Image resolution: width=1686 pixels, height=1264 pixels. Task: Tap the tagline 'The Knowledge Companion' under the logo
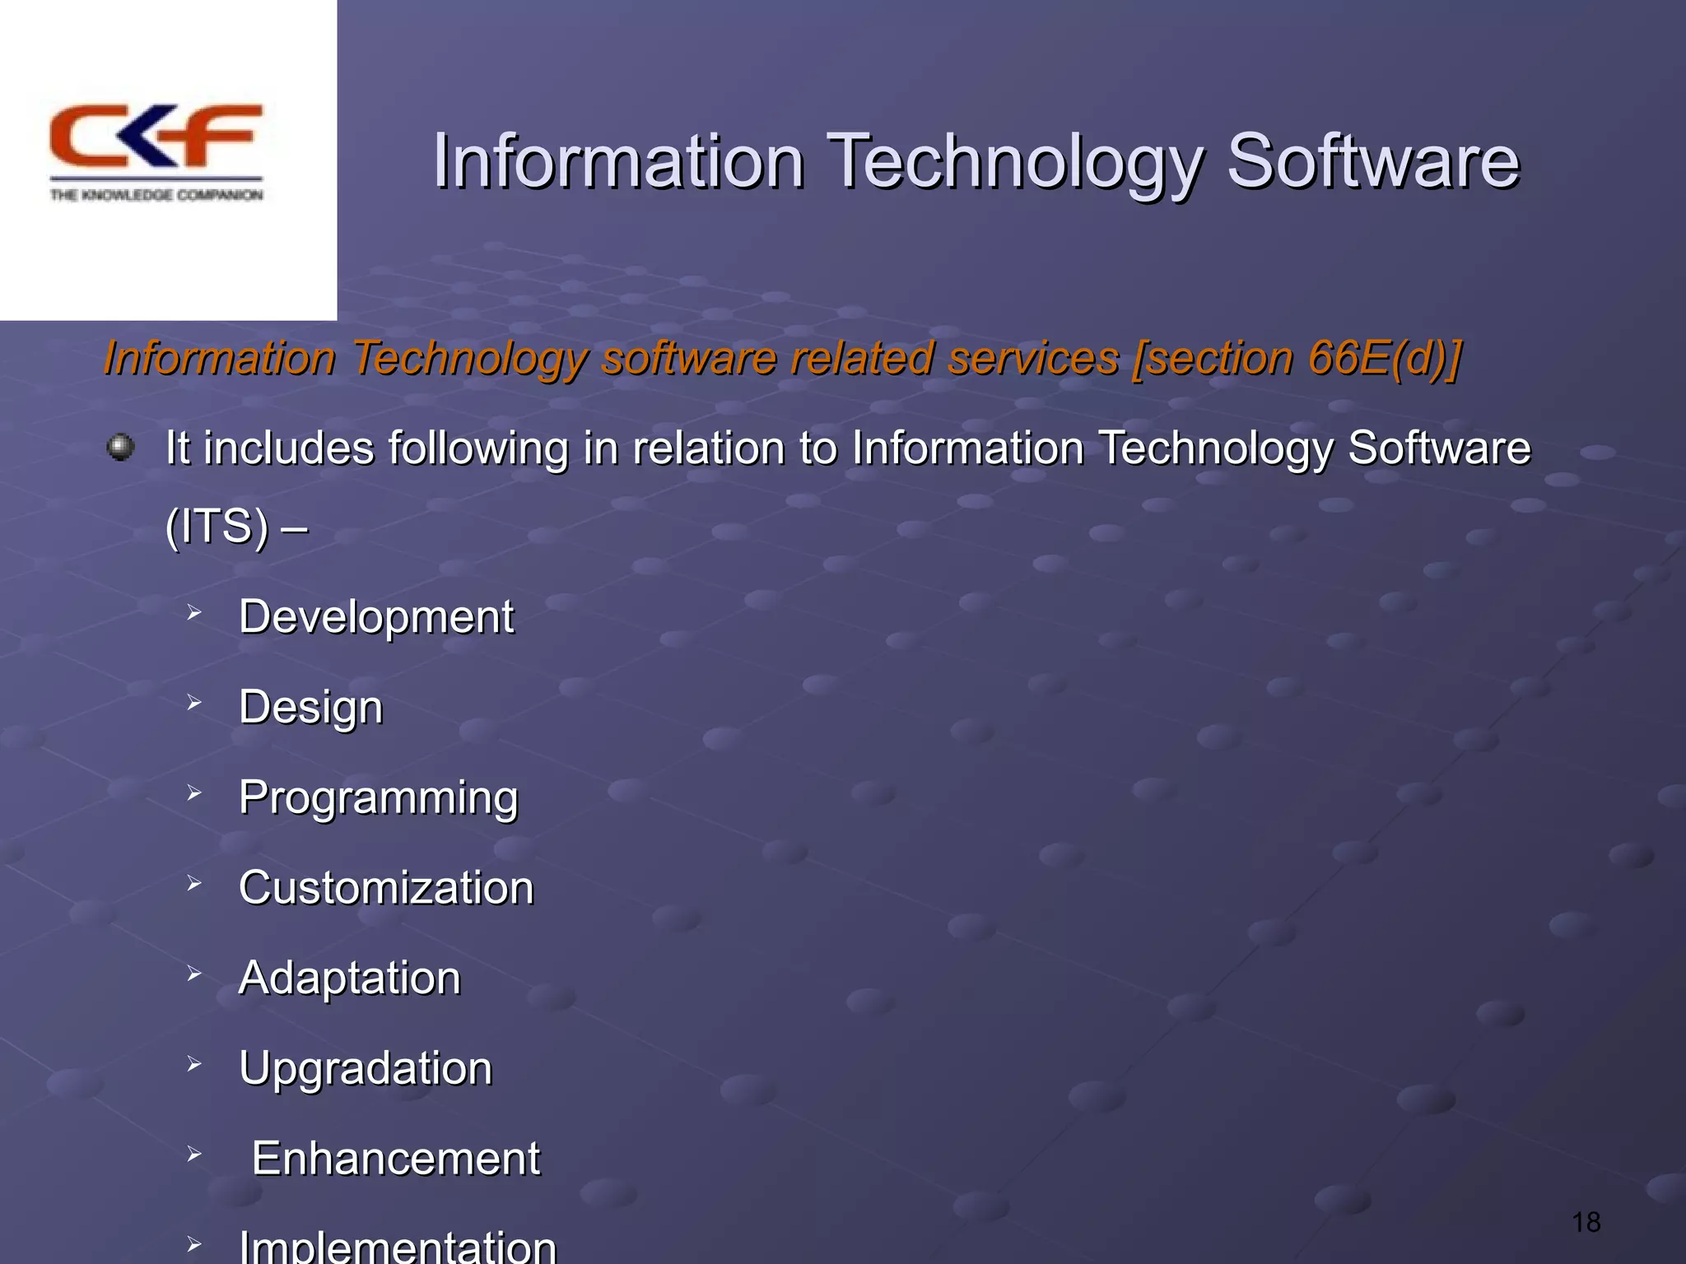point(156,195)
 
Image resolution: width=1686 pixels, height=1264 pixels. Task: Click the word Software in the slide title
point(1372,161)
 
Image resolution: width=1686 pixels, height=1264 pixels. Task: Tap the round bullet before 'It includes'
point(121,448)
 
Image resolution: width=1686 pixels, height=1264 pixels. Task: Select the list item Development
point(376,616)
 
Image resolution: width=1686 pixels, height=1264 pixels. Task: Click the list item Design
point(311,707)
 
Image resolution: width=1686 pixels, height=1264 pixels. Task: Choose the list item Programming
point(379,797)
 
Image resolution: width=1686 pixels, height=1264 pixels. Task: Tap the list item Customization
point(386,888)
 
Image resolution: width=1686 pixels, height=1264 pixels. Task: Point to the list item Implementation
point(398,1246)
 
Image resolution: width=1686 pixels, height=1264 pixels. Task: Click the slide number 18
point(1586,1222)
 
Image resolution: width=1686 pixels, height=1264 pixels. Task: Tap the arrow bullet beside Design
point(194,703)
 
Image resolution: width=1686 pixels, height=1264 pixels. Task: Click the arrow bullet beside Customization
point(194,884)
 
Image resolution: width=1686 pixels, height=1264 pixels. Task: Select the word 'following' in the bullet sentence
point(478,448)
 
